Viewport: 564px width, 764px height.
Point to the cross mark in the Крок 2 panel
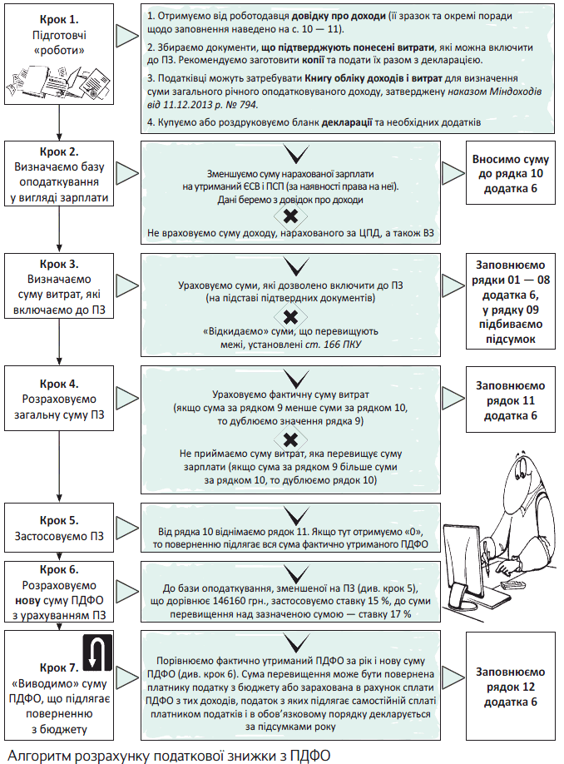pos(291,217)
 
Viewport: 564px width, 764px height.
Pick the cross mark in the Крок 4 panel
pos(291,439)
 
